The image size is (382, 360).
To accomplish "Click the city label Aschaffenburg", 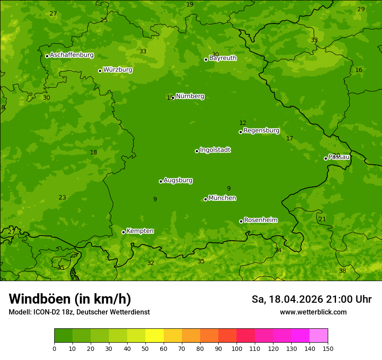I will point(72,55).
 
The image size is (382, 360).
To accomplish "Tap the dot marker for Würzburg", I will point(100,71).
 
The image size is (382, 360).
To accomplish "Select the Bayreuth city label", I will point(223,58).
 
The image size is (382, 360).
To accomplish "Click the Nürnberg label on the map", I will point(190,96).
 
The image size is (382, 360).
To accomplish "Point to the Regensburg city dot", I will point(240,132).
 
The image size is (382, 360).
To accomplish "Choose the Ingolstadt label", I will point(215,150).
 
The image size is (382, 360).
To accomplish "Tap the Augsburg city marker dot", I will point(161,181).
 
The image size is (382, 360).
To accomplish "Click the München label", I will point(222,198).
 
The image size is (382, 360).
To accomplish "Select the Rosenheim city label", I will point(260,220).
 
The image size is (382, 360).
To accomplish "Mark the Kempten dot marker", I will point(123,232).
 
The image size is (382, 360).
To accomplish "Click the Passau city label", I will point(339,157).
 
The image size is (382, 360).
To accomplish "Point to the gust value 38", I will point(342,271).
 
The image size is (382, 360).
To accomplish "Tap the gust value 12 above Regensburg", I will point(243,123).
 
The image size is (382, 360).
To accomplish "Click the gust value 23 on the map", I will point(63,198).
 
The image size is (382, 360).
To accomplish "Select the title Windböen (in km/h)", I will point(70,299).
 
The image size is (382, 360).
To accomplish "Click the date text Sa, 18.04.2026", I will point(287,299).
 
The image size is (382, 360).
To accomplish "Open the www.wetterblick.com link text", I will point(313,312).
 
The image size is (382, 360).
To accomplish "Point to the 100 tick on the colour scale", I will point(237,348).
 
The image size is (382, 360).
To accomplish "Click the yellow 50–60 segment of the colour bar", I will point(155,336).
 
